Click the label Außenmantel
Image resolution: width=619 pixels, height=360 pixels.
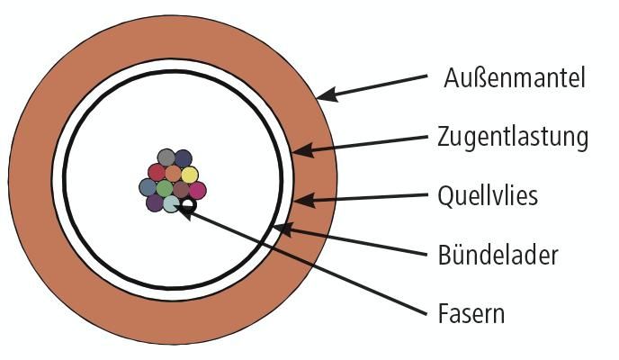515,78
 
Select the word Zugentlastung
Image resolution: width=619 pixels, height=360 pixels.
513,137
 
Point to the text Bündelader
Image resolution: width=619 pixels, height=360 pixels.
498,255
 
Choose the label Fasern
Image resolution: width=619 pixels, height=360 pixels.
471,313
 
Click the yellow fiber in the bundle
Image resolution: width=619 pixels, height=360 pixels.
189,174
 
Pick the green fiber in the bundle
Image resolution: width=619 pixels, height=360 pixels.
164,188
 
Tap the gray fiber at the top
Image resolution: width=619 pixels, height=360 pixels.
166,158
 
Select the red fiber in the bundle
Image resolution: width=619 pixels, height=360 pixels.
157,173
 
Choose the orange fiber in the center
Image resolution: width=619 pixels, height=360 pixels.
173,173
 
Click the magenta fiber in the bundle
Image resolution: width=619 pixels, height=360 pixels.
197,189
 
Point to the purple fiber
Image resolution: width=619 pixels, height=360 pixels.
155,203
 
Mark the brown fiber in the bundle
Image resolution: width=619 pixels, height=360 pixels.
180,189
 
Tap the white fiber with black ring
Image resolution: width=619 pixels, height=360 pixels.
188,205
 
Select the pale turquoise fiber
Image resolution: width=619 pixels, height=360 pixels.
171,204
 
